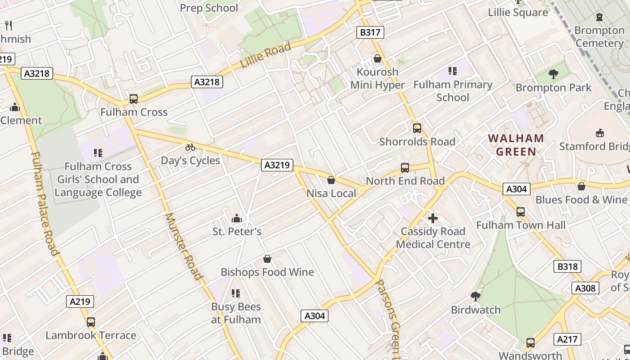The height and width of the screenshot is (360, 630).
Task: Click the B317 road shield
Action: coord(370,32)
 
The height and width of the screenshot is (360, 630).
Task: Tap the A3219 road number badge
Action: coord(277,165)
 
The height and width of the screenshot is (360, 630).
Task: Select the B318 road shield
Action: coord(567,266)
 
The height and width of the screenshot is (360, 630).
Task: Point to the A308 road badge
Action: coord(585,288)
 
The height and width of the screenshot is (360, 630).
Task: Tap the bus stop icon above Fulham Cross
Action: coord(134,99)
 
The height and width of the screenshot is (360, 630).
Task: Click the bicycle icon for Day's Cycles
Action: coord(190,147)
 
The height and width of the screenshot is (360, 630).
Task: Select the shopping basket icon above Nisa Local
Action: coord(331,180)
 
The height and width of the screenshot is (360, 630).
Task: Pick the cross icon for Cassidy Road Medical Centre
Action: coord(433,218)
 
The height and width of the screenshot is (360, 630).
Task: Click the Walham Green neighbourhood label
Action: coord(516,145)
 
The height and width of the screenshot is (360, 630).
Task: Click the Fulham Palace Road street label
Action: coord(45,203)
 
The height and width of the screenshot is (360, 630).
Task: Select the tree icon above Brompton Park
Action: coord(553,74)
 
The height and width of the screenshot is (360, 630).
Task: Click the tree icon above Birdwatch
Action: coord(475,297)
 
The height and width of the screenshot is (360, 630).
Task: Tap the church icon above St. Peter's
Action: coord(236,219)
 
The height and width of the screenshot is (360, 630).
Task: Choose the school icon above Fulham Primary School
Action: coord(452,71)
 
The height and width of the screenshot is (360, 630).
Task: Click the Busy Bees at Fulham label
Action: coord(236,313)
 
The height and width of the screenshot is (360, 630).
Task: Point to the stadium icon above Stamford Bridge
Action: coord(599,133)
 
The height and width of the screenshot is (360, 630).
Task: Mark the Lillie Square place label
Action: coord(518,12)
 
